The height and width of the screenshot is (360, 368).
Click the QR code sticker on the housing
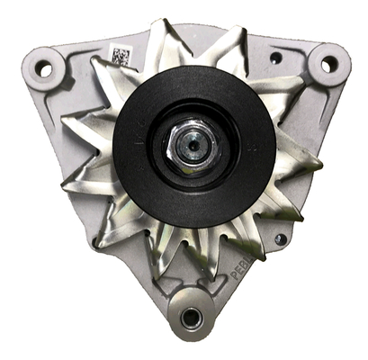tap(121, 57)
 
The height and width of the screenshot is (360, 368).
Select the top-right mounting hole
tap(328, 63)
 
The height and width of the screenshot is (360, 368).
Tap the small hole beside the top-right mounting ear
tap(276, 58)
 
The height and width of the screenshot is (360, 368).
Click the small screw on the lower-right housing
tap(280, 239)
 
